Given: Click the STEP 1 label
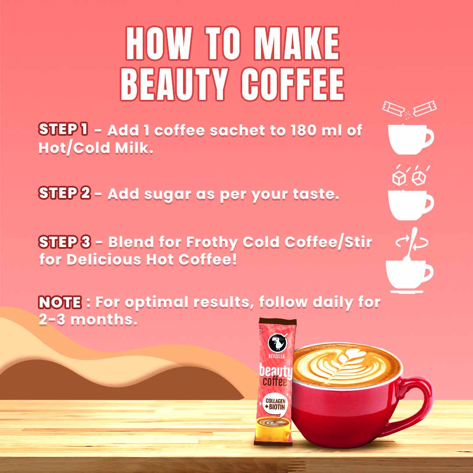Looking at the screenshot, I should click(63, 129).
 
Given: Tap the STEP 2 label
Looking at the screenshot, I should click(64, 193).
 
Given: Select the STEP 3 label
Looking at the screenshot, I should click(65, 241).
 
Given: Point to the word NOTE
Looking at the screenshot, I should click(60, 302).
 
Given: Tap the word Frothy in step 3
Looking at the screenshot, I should click(210, 242).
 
